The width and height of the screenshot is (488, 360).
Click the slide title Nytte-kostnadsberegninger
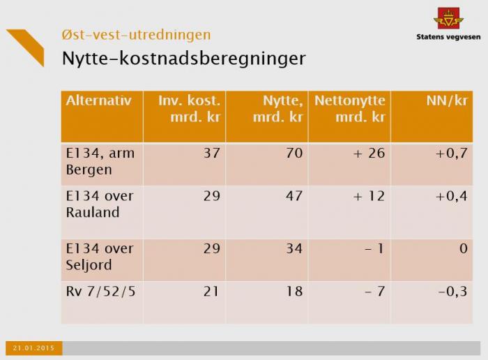click(x=183, y=58)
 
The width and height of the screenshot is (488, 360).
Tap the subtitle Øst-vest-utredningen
click(x=136, y=34)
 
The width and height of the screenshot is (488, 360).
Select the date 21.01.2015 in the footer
click(x=34, y=347)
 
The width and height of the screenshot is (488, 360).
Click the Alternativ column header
click(x=99, y=100)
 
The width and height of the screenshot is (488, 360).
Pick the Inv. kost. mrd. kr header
click(x=190, y=109)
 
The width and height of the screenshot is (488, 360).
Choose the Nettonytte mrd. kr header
click(x=350, y=109)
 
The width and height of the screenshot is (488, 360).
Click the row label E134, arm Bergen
click(x=96, y=161)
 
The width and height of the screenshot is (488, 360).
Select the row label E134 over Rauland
click(x=99, y=204)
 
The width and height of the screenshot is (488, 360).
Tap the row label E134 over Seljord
click(x=99, y=256)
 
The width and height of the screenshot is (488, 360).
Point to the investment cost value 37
click(x=211, y=153)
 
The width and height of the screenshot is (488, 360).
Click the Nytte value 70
click(x=294, y=153)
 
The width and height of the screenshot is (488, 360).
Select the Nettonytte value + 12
click(x=369, y=196)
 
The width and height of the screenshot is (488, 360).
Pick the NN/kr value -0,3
click(x=452, y=291)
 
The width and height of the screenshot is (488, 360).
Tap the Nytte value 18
click(x=294, y=291)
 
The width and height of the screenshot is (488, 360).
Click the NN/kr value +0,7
click(x=451, y=153)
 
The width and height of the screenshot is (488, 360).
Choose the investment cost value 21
click(x=211, y=291)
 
